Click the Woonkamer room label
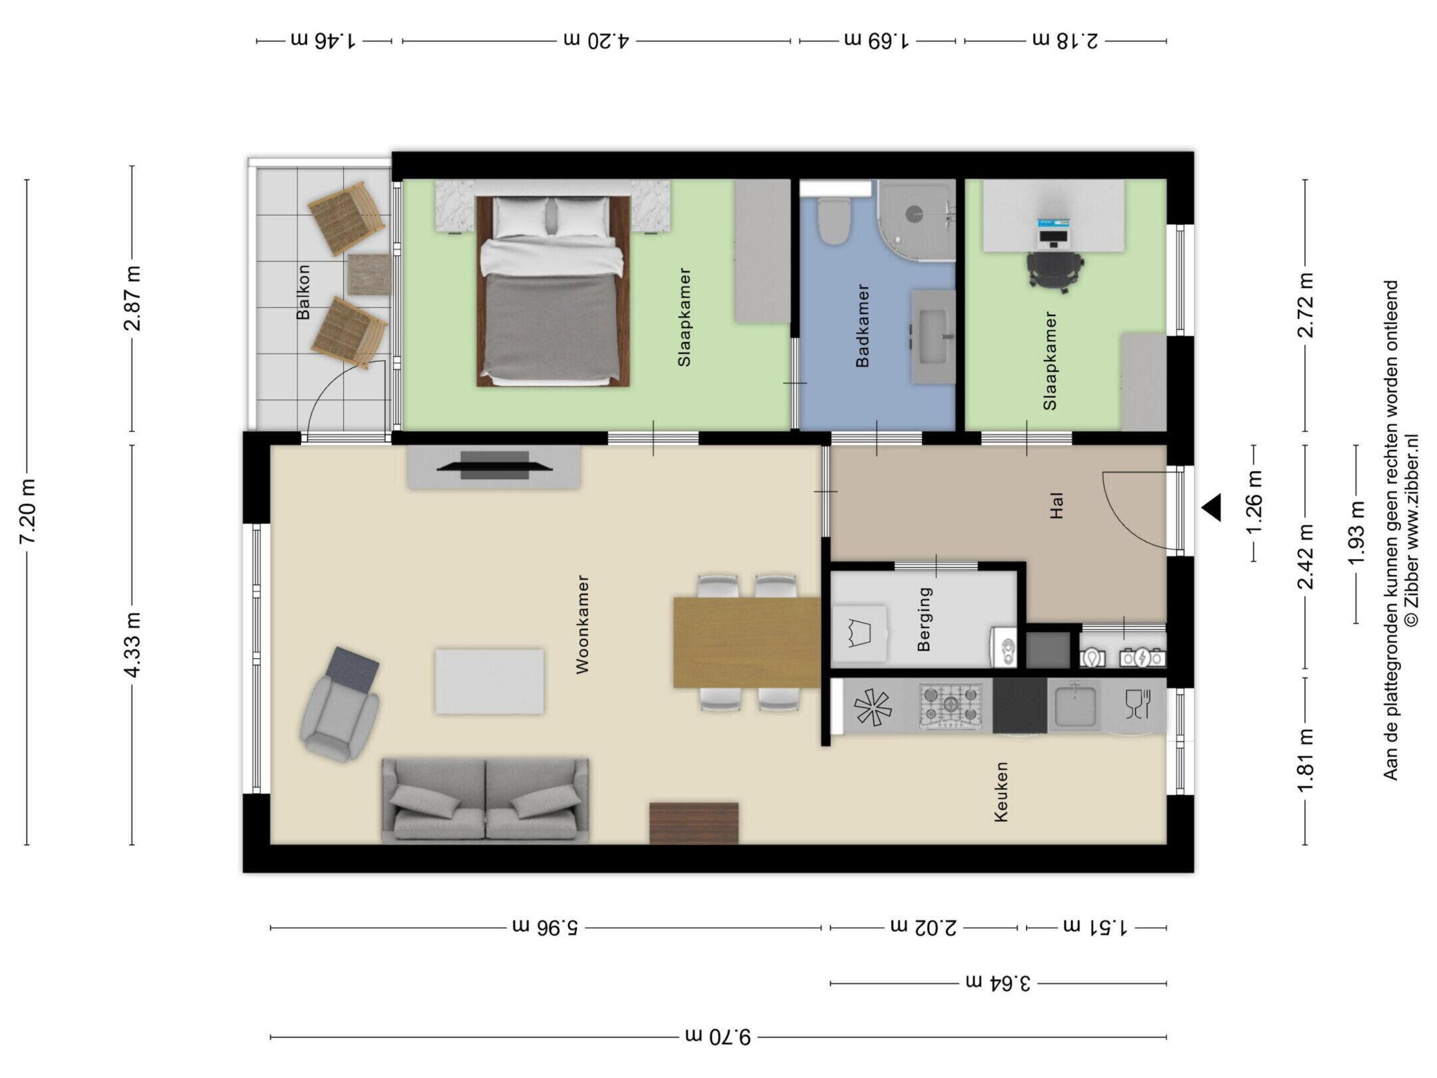[x=583, y=624]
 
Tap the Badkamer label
[x=863, y=325]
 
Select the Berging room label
[x=924, y=618]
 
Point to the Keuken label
[x=1001, y=792]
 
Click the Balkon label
[x=303, y=292]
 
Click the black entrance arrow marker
[x=1211, y=508]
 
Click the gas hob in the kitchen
[x=951, y=705]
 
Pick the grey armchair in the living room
[x=341, y=704]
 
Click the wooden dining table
[x=746, y=642]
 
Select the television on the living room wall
[x=494, y=466]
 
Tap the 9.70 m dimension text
[x=718, y=1037]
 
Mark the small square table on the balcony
[x=369, y=274]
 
